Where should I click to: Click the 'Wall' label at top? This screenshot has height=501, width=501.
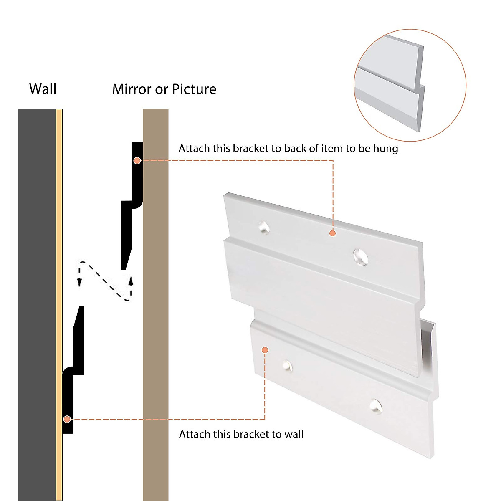43,89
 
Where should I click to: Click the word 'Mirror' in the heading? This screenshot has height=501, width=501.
132,89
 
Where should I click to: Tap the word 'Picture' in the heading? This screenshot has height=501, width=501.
194,89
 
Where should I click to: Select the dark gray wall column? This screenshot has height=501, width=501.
37,292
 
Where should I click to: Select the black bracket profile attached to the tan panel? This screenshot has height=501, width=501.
133,196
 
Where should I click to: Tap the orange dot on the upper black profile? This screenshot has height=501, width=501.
137,160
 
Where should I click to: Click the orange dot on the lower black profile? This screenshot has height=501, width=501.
67,419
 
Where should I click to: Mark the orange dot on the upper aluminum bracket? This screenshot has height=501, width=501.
332,233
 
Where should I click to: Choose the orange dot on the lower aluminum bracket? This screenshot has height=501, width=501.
265,350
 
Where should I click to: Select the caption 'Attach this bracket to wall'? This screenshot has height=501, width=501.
241,434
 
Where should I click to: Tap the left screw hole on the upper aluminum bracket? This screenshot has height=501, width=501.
263,227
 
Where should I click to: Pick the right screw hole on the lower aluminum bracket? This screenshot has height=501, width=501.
375,405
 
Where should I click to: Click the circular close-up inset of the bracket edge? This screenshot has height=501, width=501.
410,85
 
